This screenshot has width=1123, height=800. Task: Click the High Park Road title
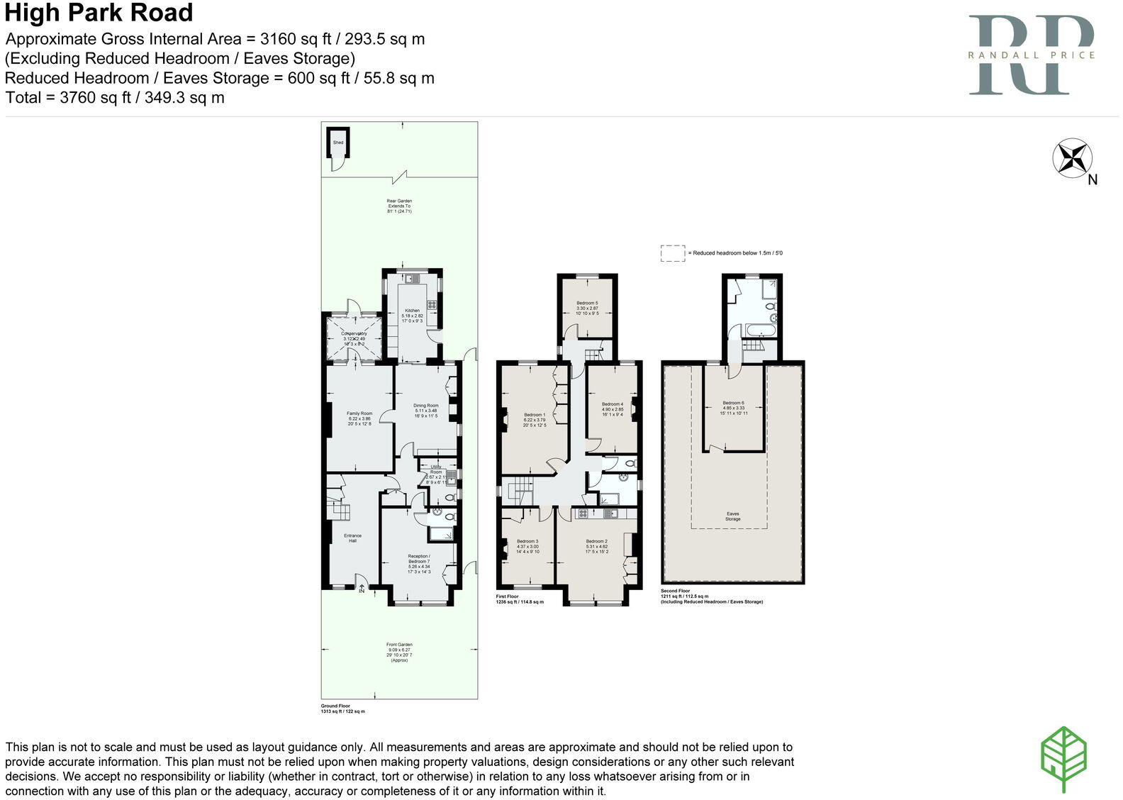99,13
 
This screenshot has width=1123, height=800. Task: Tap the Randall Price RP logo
1032,55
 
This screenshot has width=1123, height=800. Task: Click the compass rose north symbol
1072,157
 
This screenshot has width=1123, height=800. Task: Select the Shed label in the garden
338,143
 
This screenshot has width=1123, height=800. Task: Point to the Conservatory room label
354,333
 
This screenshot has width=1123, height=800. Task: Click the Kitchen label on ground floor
412,311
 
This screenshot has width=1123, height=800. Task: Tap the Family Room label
359,413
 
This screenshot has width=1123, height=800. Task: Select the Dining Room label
426,406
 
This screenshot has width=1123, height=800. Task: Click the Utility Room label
436,470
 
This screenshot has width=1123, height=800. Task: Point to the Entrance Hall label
352,538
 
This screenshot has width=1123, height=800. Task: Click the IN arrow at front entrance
362,589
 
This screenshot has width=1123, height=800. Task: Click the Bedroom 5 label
587,304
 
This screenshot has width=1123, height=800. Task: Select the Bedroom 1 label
535,415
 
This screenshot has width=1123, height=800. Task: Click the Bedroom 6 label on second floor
733,403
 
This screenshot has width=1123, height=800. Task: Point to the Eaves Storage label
732,516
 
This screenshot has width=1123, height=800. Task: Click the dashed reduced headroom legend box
673,253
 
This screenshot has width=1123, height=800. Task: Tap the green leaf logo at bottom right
1063,759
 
